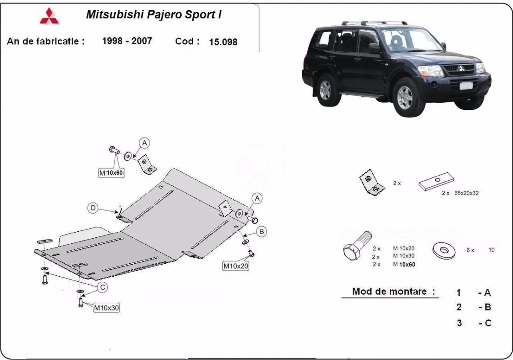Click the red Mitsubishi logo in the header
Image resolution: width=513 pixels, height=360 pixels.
point(50,16)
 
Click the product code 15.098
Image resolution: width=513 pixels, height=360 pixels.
point(223,42)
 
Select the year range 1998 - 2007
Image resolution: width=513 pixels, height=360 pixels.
point(127,41)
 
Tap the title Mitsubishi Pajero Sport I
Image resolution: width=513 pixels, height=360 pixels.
point(154,15)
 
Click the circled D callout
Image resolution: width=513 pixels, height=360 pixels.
point(93,208)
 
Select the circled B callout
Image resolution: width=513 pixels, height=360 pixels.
point(261,231)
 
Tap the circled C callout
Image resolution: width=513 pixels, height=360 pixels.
point(103,288)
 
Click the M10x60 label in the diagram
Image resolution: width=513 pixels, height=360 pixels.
point(111,173)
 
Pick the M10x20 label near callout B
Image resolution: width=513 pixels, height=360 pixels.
point(236,266)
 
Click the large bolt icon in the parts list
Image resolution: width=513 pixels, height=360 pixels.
point(357,248)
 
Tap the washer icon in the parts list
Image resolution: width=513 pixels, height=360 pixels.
point(445,250)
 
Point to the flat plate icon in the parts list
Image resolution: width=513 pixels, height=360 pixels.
point(436,182)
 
